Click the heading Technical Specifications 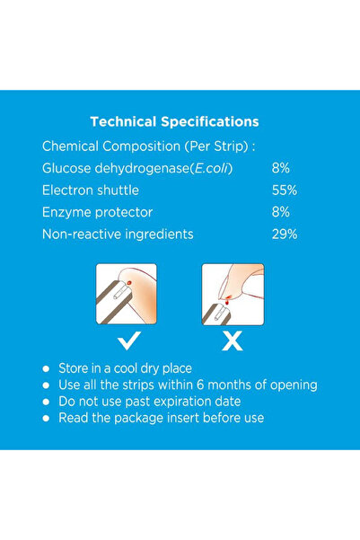tap(175, 121)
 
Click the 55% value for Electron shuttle tap(285, 190)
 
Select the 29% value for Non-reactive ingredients tap(285, 234)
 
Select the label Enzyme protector tap(97, 212)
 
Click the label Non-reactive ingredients tap(118, 234)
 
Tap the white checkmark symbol tap(127, 340)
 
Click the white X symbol tap(232, 340)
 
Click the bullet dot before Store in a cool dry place tap(46, 369)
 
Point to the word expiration tap(195, 401)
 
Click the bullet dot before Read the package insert tap(46, 418)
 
